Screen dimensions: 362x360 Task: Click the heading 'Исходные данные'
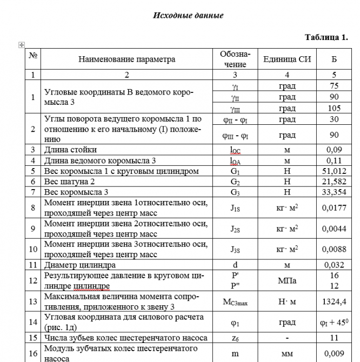(x=188, y=15)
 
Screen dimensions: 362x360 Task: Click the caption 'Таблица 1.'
(x=326, y=37)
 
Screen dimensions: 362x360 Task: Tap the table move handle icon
(x=22, y=45)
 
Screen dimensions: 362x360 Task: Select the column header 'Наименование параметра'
(x=127, y=59)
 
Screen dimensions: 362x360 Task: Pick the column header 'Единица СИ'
(x=287, y=59)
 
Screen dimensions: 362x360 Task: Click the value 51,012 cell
(x=334, y=171)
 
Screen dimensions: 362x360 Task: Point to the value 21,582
(x=334, y=182)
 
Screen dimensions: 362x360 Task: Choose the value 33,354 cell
(x=334, y=192)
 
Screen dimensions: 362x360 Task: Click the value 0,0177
(x=334, y=208)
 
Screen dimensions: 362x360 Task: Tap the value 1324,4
(x=334, y=301)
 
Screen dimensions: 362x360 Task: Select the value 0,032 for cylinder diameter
(x=334, y=265)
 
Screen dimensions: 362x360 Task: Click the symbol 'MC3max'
(x=235, y=301)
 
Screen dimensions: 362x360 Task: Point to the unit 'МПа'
(x=287, y=281)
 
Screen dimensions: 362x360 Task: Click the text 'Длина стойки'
(x=70, y=150)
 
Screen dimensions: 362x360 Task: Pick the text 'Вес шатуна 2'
(x=69, y=182)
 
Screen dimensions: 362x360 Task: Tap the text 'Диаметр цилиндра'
(x=79, y=265)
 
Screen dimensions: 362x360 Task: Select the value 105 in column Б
(x=334, y=108)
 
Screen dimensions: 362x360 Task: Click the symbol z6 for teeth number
(x=235, y=337)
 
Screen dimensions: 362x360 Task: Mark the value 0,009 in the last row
(x=334, y=353)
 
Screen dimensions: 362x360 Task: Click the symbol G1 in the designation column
(x=235, y=171)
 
